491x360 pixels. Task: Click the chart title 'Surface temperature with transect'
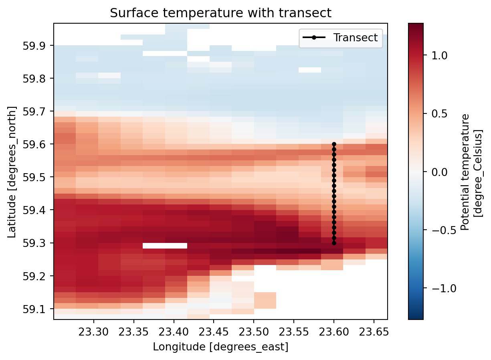220,13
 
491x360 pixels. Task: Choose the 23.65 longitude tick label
374,330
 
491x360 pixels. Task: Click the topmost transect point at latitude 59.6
334,144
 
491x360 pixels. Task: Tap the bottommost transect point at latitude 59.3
334,243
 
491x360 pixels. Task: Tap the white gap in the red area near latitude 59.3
165,246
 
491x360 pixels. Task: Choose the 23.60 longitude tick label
334,330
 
